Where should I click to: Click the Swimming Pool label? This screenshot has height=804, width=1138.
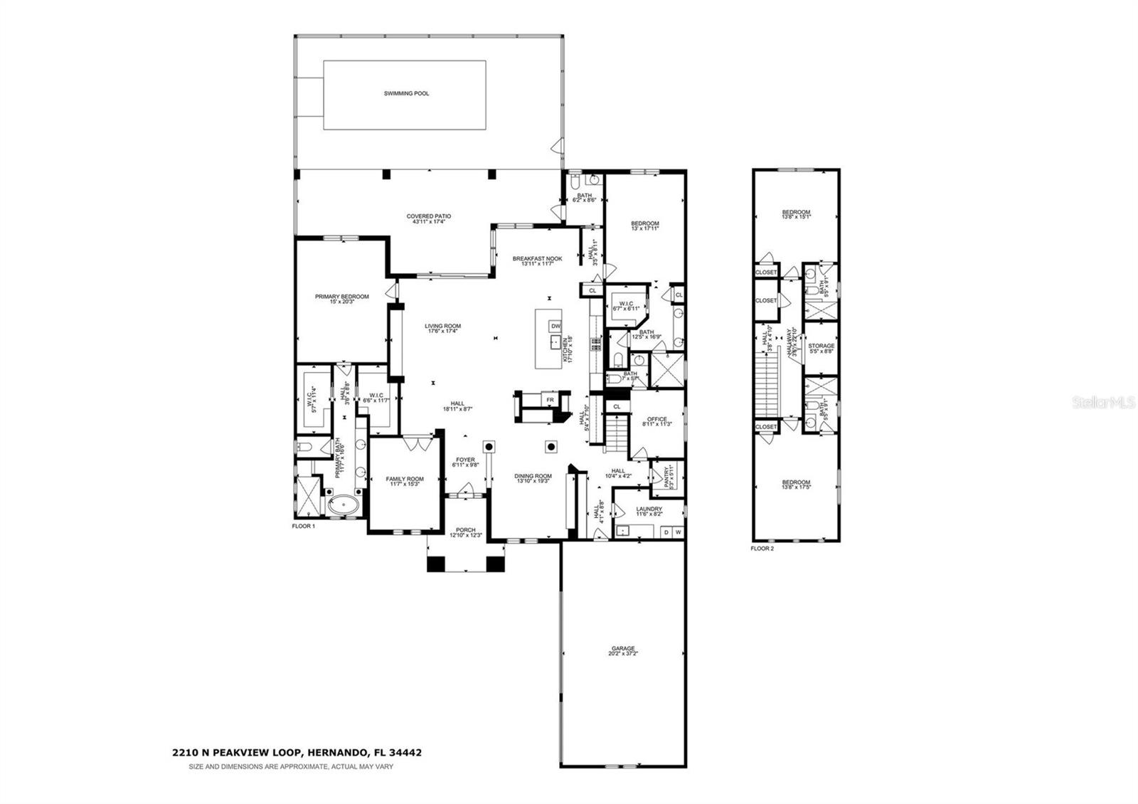tap(406, 93)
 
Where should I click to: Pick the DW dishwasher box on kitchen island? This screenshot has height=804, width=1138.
tap(555, 327)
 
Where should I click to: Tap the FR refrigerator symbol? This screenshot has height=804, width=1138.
tap(550, 401)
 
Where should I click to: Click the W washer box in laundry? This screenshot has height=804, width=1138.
tap(677, 531)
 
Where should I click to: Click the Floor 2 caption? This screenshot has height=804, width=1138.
tap(762, 549)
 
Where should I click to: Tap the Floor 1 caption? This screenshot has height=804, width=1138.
tap(303, 526)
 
